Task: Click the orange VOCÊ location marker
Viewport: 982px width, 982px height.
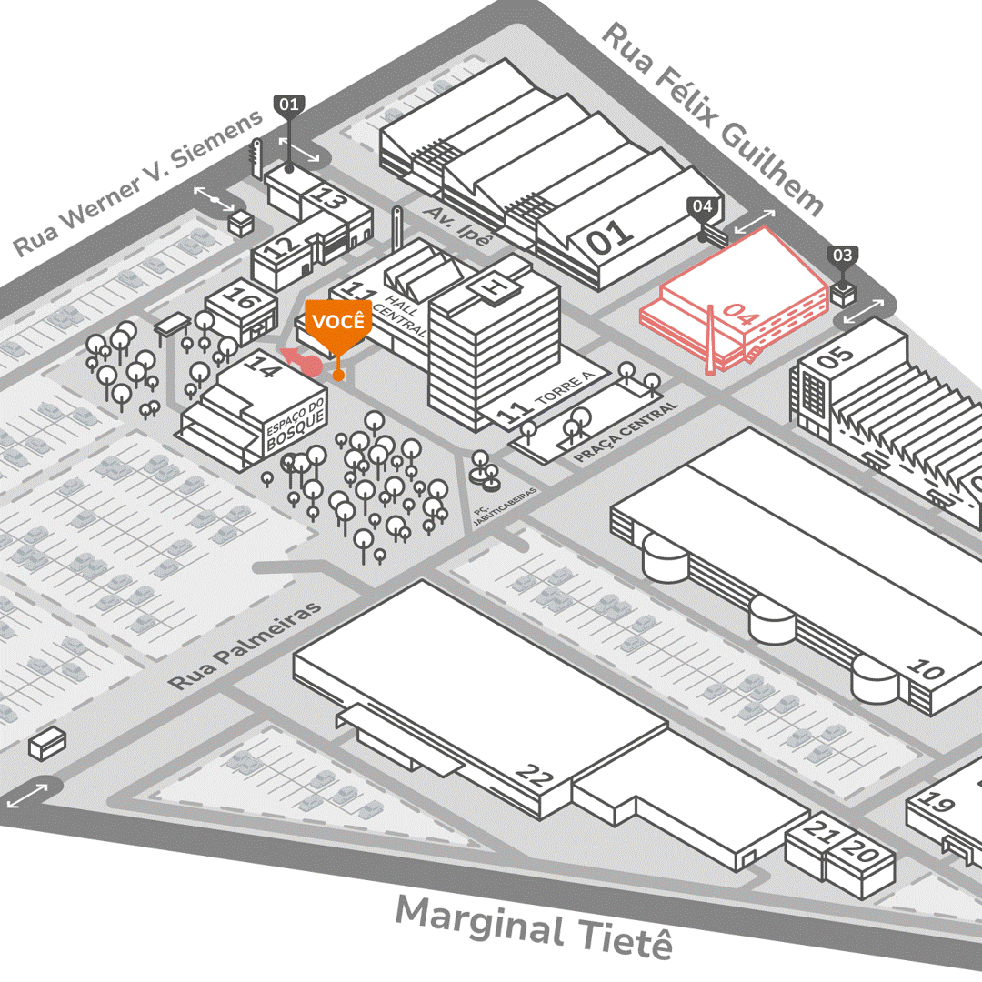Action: coord(338,323)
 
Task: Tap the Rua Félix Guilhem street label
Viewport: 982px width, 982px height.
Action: coord(713,119)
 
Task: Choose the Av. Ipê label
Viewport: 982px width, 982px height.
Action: coord(458,225)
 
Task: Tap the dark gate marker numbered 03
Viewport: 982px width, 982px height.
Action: coord(843,256)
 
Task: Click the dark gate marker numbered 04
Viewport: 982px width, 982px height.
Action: coord(703,207)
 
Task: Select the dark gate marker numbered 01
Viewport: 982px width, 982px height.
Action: coord(289,105)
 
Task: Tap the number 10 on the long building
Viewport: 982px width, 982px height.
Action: coord(926,672)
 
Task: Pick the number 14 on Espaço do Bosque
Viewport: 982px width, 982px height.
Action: coord(264,368)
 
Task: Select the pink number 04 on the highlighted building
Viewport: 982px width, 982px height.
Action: coord(741,317)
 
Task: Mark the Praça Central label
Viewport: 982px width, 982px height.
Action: coord(627,433)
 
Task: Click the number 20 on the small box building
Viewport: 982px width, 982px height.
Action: coord(865,854)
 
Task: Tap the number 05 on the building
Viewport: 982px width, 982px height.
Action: coord(835,356)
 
